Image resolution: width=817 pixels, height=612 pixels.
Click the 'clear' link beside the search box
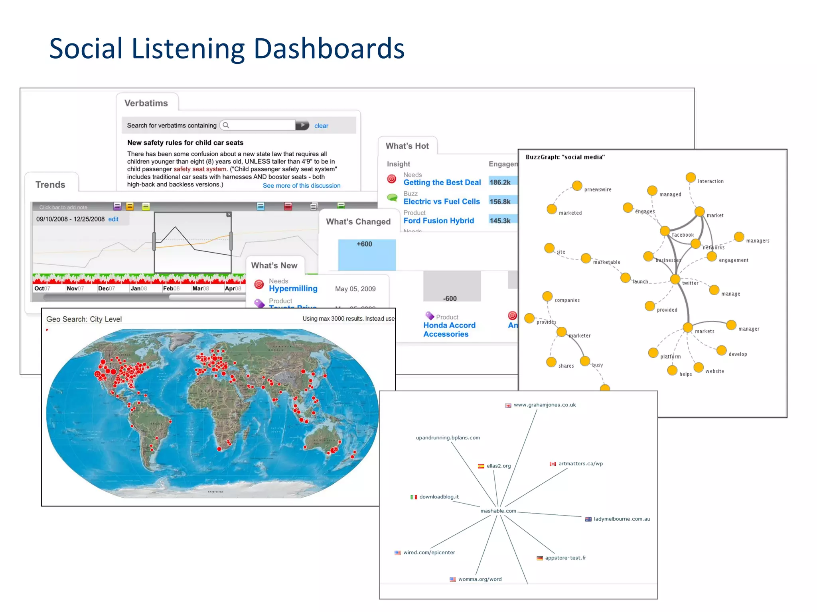point(321,126)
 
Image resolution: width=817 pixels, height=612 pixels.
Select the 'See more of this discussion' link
point(301,186)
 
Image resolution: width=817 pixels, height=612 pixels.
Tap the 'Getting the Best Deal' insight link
point(442,182)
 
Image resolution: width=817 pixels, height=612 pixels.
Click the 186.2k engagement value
point(500,182)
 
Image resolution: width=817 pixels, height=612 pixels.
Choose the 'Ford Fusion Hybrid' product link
point(438,221)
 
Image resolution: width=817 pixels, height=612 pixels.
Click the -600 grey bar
point(452,287)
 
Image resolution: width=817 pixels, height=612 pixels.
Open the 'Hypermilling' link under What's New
point(293,288)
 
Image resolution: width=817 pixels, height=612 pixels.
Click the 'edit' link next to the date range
point(113,219)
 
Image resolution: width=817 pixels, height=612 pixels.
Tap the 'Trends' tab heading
point(50,184)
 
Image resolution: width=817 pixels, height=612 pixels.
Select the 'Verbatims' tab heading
point(146,103)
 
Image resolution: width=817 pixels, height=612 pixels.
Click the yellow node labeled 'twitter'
point(675,279)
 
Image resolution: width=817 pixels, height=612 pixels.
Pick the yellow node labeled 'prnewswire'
point(577,186)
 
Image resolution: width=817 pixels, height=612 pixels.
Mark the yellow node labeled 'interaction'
point(691,177)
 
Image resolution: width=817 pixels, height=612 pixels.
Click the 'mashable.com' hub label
point(498,511)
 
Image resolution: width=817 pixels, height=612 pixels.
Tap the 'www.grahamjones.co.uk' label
point(545,405)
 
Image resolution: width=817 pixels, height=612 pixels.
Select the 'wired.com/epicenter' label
point(429,552)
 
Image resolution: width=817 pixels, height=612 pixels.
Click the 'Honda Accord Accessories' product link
point(449,330)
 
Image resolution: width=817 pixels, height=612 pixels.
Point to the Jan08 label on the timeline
point(138,288)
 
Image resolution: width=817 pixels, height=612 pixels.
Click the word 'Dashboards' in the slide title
point(329,49)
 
